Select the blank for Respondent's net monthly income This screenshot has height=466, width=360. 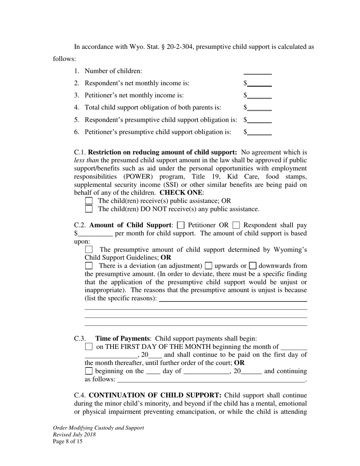260,84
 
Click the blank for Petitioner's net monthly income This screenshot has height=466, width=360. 260,96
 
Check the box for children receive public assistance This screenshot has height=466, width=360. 89,201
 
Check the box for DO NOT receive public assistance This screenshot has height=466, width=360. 89,209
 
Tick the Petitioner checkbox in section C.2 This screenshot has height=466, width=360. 181,225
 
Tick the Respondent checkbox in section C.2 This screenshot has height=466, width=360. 236,225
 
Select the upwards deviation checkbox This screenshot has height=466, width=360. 208,266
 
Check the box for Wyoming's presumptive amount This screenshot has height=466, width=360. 89,250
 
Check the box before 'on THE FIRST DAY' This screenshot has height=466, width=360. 89,347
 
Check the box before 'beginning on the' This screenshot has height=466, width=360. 89,371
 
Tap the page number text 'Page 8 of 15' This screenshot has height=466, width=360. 67,441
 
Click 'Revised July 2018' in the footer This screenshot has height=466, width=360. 74,435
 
